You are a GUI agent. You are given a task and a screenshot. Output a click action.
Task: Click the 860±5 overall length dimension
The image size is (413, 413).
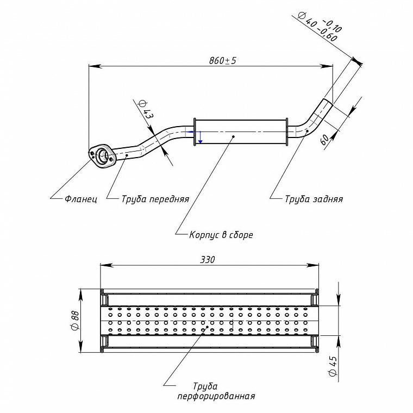(x=223, y=60)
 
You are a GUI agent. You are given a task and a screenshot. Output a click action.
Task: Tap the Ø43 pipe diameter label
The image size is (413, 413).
(x=146, y=109)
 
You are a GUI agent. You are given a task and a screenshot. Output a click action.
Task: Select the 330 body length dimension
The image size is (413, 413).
(x=208, y=260)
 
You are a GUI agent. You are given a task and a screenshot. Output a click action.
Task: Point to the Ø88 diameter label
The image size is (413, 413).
(x=75, y=321)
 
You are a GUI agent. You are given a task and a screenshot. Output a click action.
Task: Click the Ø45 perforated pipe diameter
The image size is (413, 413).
(x=333, y=366)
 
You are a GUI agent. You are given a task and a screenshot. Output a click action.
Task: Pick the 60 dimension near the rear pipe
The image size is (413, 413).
(x=325, y=140)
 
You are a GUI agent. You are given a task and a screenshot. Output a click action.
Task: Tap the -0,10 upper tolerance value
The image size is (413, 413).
(x=332, y=26)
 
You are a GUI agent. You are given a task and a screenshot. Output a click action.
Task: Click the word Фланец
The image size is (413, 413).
(x=81, y=199)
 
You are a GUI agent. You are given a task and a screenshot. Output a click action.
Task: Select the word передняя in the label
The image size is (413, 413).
(x=170, y=199)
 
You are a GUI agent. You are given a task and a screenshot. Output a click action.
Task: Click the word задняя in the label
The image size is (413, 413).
(x=328, y=199)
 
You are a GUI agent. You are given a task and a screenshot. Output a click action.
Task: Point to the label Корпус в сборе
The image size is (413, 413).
(x=221, y=235)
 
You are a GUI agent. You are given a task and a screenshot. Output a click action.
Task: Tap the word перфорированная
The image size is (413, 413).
(x=216, y=396)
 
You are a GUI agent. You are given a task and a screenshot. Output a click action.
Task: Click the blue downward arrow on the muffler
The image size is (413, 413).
(x=200, y=137)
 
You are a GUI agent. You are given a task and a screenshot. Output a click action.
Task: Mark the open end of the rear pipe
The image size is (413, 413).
(x=328, y=102)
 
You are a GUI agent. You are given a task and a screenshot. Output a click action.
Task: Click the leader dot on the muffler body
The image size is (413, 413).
(x=233, y=136)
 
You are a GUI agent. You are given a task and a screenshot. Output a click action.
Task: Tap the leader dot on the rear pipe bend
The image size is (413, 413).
(x=307, y=130)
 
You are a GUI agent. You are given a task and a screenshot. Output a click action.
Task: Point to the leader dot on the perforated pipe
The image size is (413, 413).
(x=207, y=327)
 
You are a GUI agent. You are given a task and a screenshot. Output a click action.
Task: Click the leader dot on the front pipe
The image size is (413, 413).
(x=127, y=155)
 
